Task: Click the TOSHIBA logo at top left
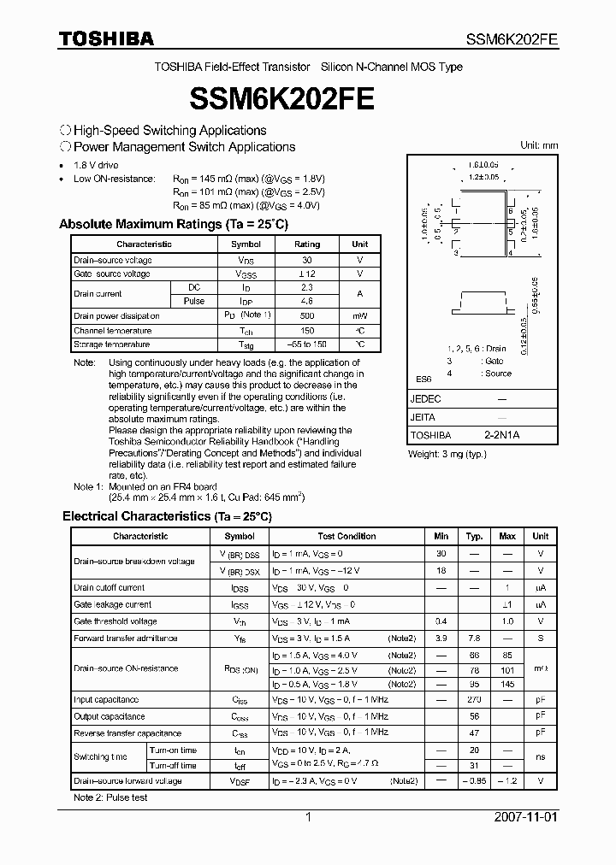pyautogui.click(x=106, y=38)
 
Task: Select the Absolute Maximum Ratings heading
pyautogui.click(x=174, y=224)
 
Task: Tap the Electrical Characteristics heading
pyautogui.click(x=167, y=516)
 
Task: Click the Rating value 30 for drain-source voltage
pyautogui.click(x=306, y=260)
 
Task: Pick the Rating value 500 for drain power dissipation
pyautogui.click(x=306, y=316)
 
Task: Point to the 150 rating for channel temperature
pyautogui.click(x=306, y=331)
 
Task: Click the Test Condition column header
pyautogui.click(x=346, y=537)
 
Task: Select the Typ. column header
pyautogui.click(x=474, y=537)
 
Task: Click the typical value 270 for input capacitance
pyautogui.click(x=474, y=700)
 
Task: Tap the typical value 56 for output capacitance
pyautogui.click(x=474, y=716)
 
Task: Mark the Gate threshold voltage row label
pyautogui.click(x=115, y=621)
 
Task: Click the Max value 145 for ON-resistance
pyautogui.click(x=507, y=684)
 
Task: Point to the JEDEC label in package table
pyautogui.click(x=427, y=399)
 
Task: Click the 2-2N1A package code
pyautogui.click(x=501, y=435)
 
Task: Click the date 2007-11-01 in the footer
pyautogui.click(x=526, y=817)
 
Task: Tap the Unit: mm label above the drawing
pyautogui.click(x=539, y=145)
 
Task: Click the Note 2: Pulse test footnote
pyautogui.click(x=110, y=797)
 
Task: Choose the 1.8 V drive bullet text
pyautogui.click(x=96, y=164)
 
